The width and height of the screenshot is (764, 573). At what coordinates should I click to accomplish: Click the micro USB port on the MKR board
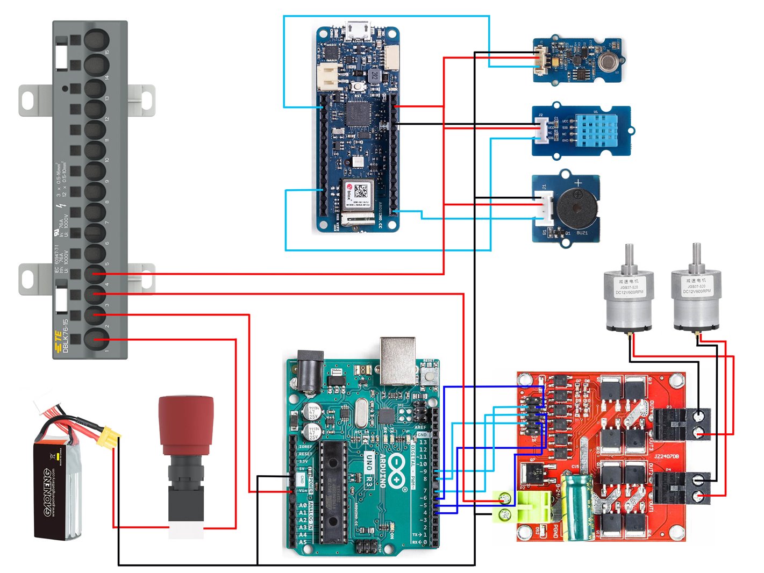[x=358, y=30]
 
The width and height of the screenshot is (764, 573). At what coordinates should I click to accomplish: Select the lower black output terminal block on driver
[x=681, y=488]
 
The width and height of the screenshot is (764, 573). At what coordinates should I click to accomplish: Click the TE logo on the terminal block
[x=58, y=342]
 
